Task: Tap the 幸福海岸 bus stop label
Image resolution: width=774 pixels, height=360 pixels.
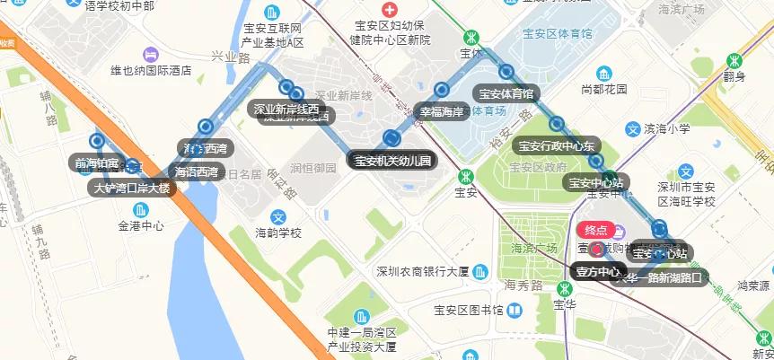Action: coord(442,111)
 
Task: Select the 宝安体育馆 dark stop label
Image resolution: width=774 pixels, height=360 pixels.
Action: coord(506,92)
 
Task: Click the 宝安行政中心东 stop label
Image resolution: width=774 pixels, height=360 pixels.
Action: coord(557,145)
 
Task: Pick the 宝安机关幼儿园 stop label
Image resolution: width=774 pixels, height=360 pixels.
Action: coord(391,162)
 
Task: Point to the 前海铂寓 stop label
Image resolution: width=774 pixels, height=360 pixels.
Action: coord(97,162)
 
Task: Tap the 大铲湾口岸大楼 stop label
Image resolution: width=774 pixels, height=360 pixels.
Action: coord(133,189)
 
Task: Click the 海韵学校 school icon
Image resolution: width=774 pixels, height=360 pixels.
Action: coord(278,216)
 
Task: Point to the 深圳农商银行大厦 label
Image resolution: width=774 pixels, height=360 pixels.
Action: coord(423,271)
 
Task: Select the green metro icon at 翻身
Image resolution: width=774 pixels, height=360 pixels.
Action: coord(735,60)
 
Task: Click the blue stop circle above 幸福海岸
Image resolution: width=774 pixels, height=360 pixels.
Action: coord(442,90)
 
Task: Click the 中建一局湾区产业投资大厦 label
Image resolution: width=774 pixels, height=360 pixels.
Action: coord(361,339)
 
